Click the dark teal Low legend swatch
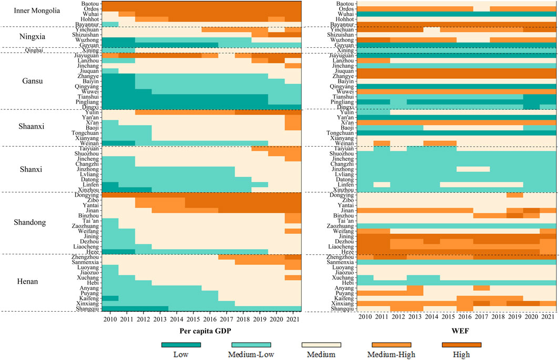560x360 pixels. point(181,344)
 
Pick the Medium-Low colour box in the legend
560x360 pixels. point(251,344)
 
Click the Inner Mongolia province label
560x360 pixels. point(37,11)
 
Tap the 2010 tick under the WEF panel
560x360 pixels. point(365,319)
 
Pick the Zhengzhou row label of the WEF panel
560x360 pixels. point(340,256)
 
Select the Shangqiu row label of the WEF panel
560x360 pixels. point(342,308)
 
